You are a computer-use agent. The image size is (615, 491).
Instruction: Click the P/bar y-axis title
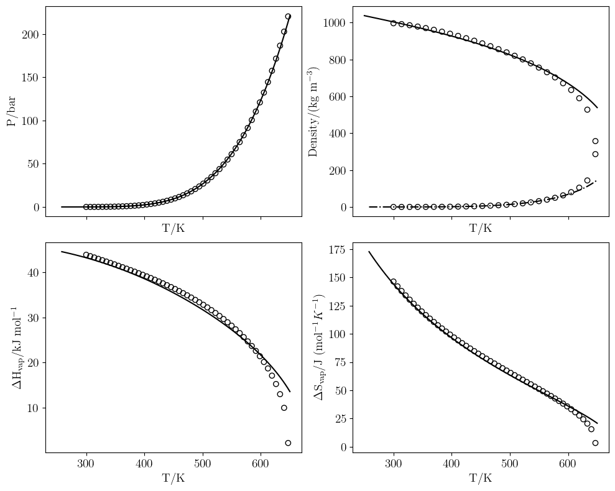(x=11, y=112)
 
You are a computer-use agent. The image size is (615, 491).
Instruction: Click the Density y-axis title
(x=313, y=112)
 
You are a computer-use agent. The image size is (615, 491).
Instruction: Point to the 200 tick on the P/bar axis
(x=30, y=34)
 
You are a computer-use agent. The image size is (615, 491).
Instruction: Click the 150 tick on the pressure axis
(x=30, y=78)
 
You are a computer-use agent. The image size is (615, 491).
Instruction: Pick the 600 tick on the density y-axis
(x=336, y=97)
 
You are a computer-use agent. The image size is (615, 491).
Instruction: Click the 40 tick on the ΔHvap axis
(x=32, y=272)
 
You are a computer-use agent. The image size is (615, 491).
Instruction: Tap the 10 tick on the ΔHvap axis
(x=32, y=408)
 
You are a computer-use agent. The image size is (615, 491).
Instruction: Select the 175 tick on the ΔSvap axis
(x=336, y=250)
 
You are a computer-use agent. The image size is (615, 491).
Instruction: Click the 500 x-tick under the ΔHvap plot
(x=203, y=462)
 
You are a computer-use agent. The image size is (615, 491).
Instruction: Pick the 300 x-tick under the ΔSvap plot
(x=393, y=462)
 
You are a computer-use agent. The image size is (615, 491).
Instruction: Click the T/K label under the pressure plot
(x=173, y=229)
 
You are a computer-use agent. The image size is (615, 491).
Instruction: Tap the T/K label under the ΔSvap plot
(x=480, y=478)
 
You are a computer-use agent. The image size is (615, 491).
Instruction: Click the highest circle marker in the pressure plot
(x=288, y=17)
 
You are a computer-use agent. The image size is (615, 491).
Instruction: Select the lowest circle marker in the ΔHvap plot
(x=288, y=443)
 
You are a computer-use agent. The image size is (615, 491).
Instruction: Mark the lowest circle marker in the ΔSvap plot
(x=595, y=443)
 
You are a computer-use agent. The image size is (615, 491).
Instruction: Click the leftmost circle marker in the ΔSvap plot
(x=393, y=282)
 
